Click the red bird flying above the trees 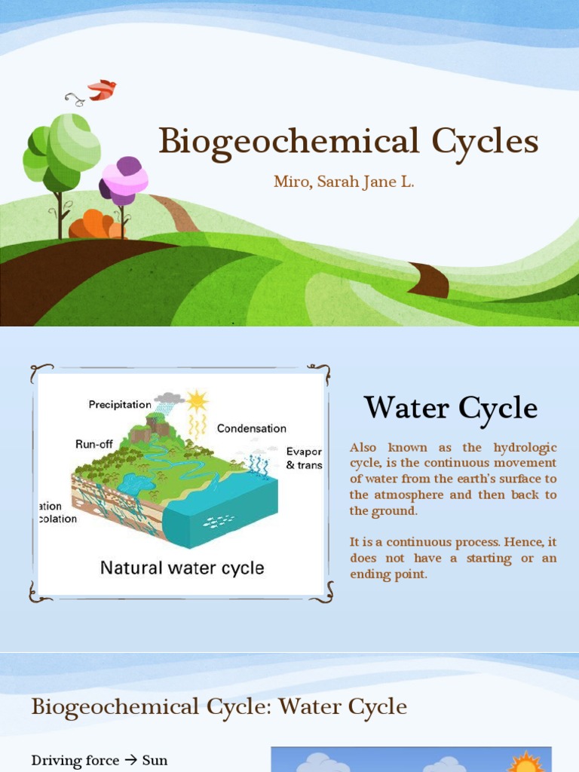tap(102, 90)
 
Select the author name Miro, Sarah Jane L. tap(343, 183)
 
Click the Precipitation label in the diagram tap(120, 405)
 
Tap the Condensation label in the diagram tap(252, 428)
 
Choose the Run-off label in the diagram tap(93, 444)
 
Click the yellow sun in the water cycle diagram tap(198, 400)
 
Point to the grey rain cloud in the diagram tap(169, 397)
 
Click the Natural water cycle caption tap(182, 568)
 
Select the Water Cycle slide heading tap(451, 409)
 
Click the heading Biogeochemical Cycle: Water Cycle tap(219, 707)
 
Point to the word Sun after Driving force tap(155, 760)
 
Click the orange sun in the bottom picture tap(525, 761)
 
